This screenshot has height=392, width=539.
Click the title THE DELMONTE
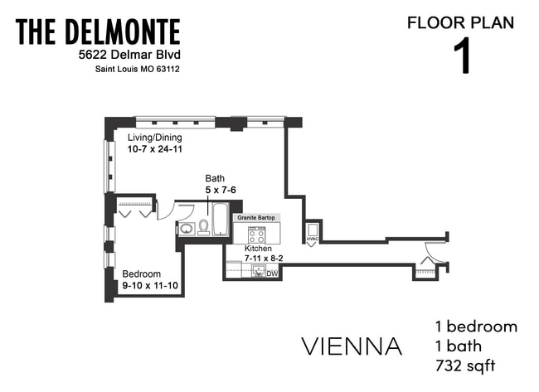click(x=98, y=32)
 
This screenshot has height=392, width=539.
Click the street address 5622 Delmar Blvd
click(x=124, y=55)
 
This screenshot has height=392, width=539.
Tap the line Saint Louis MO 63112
click(x=136, y=69)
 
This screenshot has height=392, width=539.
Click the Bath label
click(x=215, y=178)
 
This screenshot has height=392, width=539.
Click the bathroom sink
click(x=187, y=228)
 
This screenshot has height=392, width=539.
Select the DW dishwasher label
click(x=271, y=273)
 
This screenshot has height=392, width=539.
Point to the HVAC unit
click(x=312, y=232)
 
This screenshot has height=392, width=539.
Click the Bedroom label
click(x=141, y=274)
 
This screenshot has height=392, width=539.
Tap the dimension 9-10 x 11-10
click(x=151, y=287)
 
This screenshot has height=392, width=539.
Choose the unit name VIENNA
click(x=353, y=346)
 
